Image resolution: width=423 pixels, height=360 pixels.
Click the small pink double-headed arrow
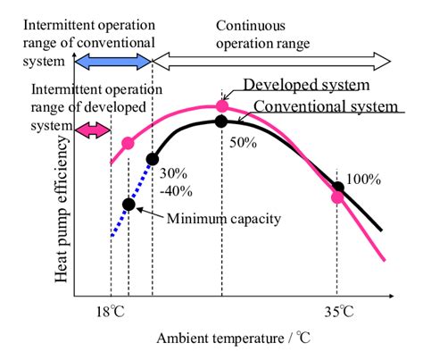click(x=93, y=130)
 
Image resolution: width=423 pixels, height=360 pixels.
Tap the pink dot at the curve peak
click(x=222, y=105)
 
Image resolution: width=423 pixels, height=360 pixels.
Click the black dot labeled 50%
click(x=222, y=121)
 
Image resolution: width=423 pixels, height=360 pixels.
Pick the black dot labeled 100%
click(x=337, y=188)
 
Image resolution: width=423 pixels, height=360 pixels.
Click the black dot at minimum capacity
click(x=129, y=205)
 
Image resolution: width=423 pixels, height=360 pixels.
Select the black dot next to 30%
click(x=153, y=160)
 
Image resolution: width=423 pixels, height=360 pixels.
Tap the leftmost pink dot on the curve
click(x=129, y=143)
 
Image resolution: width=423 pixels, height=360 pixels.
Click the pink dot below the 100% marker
click(x=337, y=197)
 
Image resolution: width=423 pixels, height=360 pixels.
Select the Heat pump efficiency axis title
click(x=62, y=209)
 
